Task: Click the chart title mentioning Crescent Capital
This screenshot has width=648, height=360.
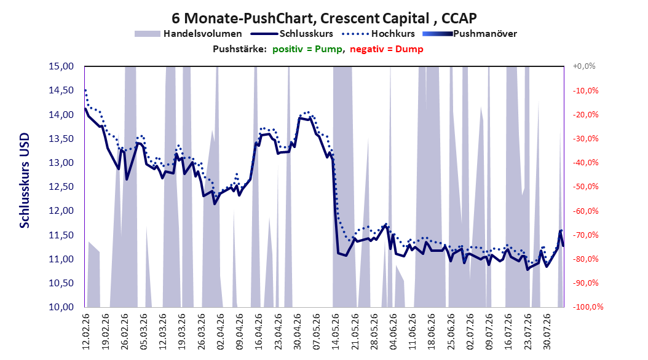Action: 324,18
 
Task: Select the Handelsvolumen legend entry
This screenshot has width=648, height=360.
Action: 188,34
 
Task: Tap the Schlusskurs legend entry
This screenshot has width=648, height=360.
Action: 292,34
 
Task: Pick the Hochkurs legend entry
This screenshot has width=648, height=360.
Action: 377,34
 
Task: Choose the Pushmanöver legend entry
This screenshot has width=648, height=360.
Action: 470,34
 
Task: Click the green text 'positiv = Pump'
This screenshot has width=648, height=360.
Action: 307,49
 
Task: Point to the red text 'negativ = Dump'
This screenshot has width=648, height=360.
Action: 387,49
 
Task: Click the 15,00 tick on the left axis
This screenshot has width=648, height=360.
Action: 61,66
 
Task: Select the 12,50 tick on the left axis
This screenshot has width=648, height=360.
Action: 61,187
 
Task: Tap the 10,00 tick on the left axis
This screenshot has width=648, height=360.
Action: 61,307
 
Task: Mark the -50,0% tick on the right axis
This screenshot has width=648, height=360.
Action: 585,187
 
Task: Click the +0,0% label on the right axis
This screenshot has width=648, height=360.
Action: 584,66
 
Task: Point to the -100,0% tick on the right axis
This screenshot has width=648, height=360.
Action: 588,307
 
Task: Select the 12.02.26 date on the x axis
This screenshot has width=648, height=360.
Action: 86,332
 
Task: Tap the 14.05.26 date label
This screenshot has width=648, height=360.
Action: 336,332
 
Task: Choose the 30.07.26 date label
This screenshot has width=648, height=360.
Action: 547,332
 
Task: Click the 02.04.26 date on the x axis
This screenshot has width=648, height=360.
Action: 220,332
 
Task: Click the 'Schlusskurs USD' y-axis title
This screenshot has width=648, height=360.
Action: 25,180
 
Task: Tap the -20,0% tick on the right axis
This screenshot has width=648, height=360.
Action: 585,114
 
